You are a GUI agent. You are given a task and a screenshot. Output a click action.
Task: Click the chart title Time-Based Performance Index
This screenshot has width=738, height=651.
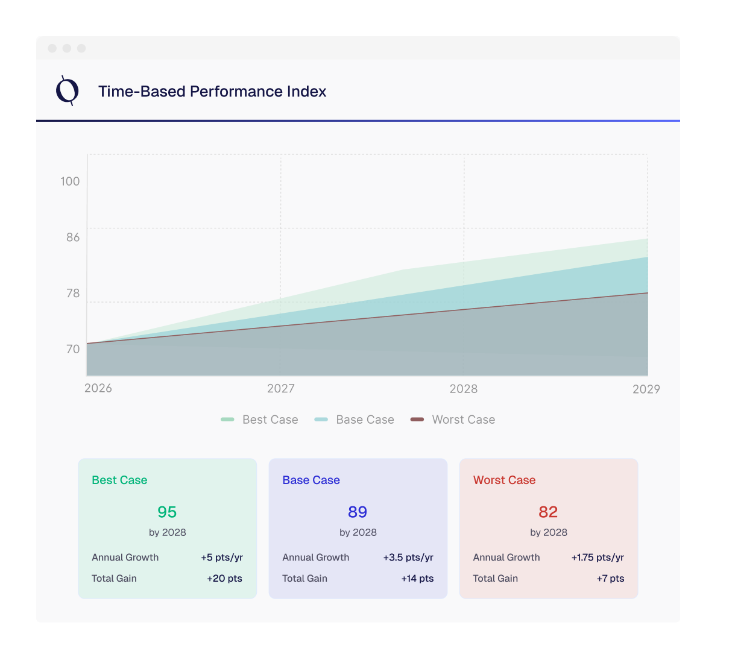pyautogui.click(x=212, y=92)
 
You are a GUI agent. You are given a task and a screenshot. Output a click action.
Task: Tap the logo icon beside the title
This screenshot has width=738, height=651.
pyautogui.click(x=67, y=91)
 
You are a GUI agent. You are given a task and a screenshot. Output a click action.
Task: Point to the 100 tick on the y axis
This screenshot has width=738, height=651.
pyautogui.click(x=70, y=181)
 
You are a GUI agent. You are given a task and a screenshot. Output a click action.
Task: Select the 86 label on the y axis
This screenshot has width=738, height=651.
pyautogui.click(x=73, y=237)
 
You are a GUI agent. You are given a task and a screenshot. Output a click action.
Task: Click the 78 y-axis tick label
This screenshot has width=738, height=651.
pyautogui.click(x=73, y=294)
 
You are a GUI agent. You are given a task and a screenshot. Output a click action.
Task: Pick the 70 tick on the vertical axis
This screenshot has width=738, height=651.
pyautogui.click(x=73, y=350)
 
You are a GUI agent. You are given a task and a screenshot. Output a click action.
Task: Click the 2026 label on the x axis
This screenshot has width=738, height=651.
pyautogui.click(x=98, y=388)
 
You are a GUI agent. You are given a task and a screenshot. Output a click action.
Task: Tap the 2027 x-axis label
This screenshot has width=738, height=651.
pyautogui.click(x=281, y=389)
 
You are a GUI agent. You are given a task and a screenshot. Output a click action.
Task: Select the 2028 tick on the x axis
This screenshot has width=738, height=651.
pyautogui.click(x=464, y=389)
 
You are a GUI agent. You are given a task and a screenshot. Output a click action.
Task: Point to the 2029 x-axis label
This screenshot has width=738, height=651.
pyautogui.click(x=646, y=389)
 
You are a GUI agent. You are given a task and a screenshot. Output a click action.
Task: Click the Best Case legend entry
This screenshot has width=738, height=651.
pyautogui.click(x=260, y=420)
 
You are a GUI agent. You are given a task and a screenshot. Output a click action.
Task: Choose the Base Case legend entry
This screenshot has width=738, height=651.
pyautogui.click(x=355, y=420)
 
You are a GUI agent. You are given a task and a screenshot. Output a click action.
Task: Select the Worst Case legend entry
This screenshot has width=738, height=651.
pyautogui.click(x=453, y=420)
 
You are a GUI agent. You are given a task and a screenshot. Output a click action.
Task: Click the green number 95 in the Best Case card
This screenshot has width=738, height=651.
pyautogui.click(x=167, y=512)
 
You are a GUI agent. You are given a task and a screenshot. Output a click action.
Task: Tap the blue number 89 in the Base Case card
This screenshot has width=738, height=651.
pyautogui.click(x=358, y=512)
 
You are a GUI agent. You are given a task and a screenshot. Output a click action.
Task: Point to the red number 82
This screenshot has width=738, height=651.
pyautogui.click(x=548, y=512)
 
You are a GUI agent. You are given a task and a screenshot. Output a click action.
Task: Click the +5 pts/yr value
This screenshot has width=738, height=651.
pyautogui.click(x=222, y=558)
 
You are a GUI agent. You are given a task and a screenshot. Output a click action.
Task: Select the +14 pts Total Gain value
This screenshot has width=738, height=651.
pyautogui.click(x=417, y=579)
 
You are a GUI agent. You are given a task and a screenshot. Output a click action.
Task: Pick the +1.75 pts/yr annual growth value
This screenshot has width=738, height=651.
pyautogui.click(x=598, y=558)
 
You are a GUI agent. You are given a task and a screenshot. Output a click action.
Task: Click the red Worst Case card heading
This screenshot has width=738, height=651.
pyautogui.click(x=504, y=480)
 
